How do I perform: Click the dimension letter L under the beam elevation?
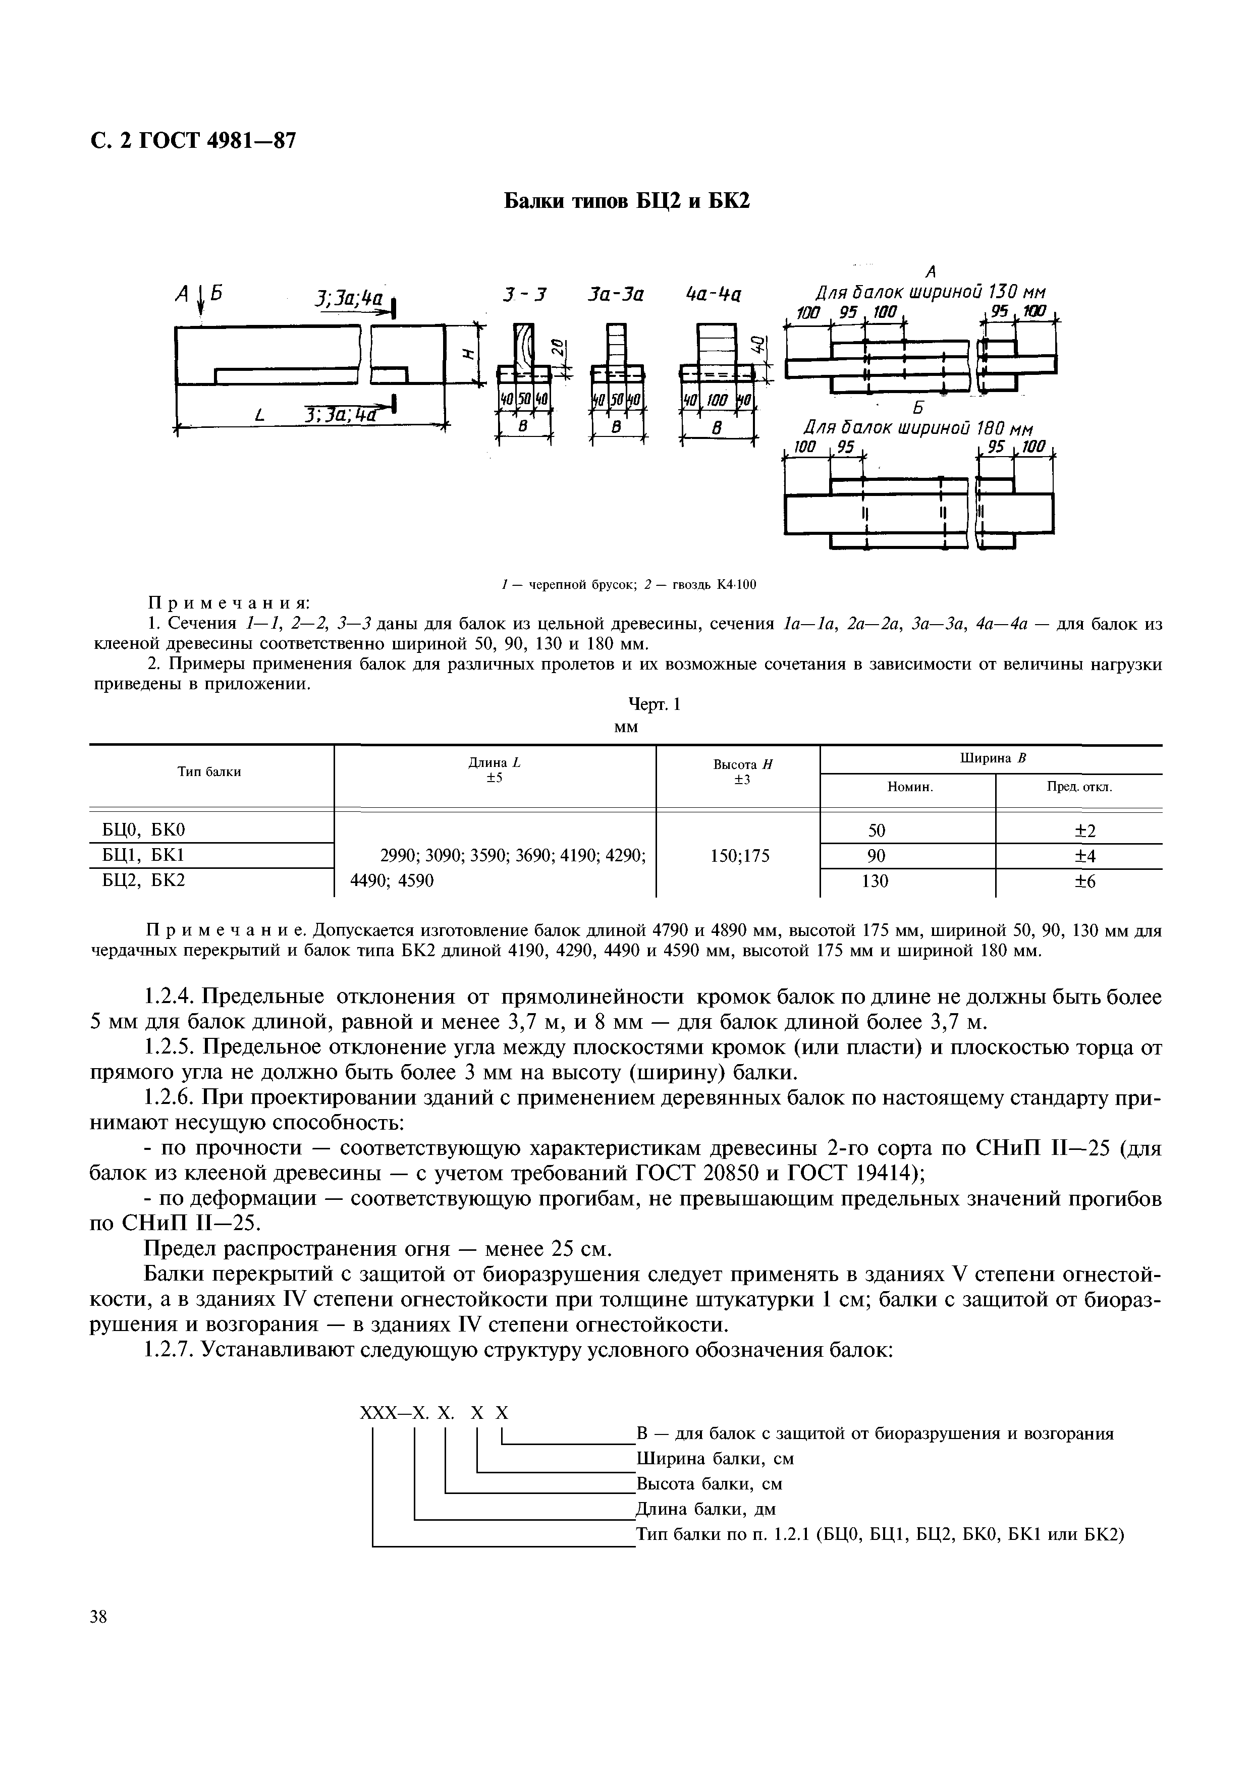[259, 417]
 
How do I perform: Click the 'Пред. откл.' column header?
[1078, 788]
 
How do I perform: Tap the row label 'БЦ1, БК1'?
[144, 855]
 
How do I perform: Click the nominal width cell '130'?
[875, 881]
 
